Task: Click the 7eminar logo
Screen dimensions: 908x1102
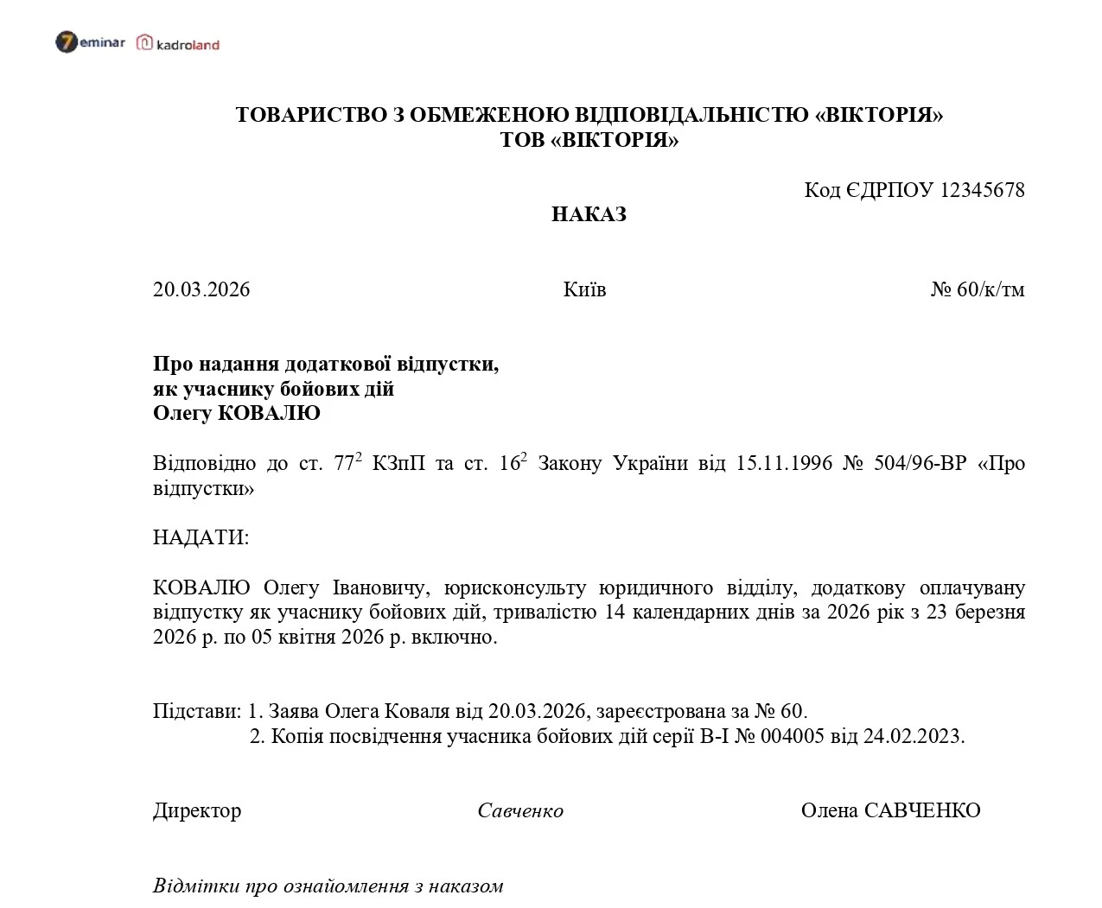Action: (x=90, y=42)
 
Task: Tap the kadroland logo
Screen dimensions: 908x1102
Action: (x=178, y=43)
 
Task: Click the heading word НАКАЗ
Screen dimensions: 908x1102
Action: (x=589, y=214)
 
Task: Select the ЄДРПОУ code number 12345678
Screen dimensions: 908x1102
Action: (x=982, y=190)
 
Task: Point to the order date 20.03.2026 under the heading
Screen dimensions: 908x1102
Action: (x=201, y=289)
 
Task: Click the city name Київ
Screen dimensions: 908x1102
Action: (x=584, y=289)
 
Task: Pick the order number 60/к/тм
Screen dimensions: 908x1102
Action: (x=991, y=289)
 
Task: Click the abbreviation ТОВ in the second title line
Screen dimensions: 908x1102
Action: (x=521, y=140)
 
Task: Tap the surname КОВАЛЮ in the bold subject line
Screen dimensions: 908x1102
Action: (x=269, y=413)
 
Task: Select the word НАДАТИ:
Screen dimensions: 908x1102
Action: (x=201, y=537)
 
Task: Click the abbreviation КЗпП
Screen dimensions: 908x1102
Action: (x=399, y=463)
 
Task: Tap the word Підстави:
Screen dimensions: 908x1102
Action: (x=197, y=712)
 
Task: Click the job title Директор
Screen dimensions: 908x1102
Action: (x=197, y=810)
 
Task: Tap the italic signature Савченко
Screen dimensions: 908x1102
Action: (x=520, y=810)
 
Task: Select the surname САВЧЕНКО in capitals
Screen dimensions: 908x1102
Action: (x=922, y=810)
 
